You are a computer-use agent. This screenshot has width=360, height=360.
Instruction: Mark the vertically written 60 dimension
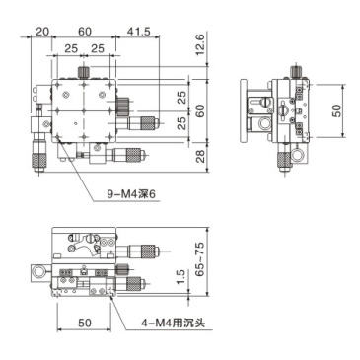pos(198,109)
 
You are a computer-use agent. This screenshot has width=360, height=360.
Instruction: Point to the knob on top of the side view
pos(296,72)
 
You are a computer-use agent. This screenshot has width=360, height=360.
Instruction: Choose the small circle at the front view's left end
pos(40,270)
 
